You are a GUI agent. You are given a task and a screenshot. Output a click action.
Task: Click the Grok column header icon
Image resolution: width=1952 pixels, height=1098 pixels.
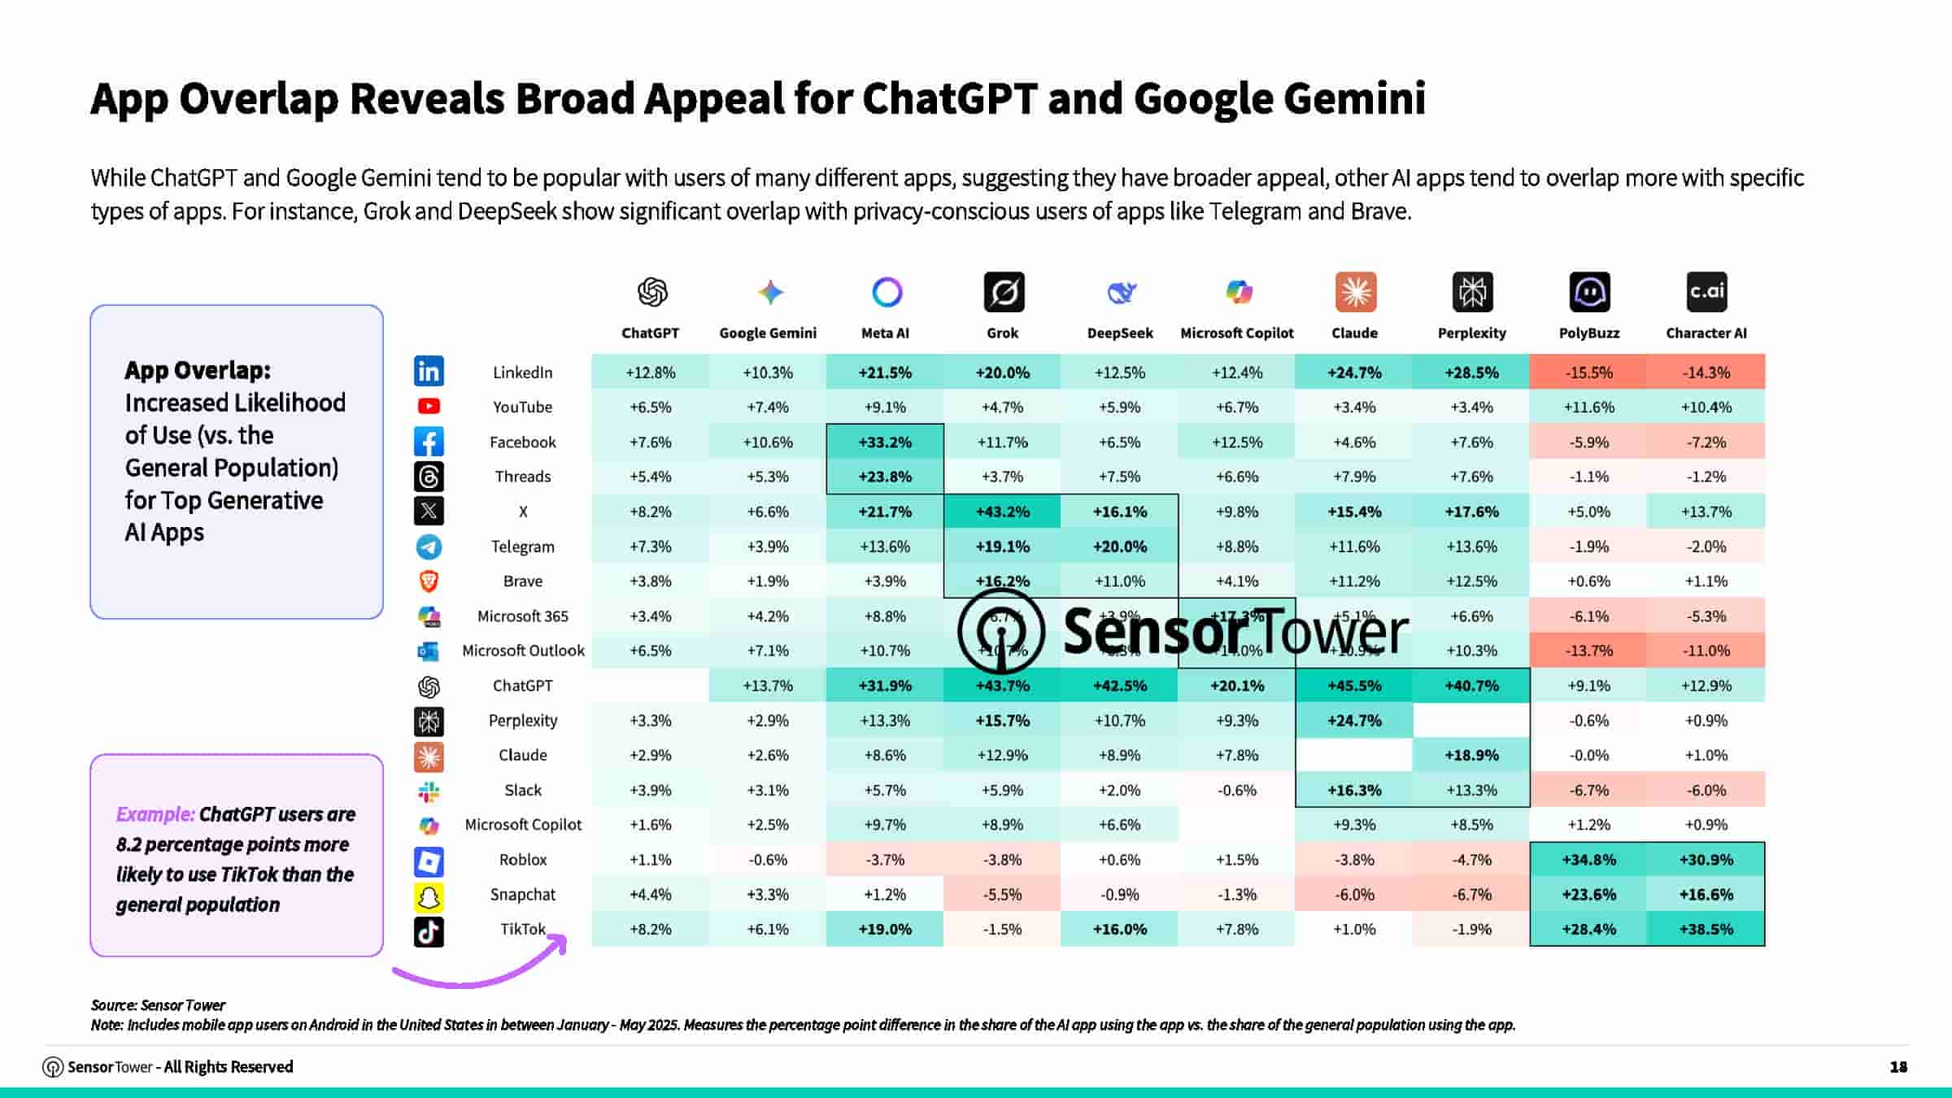[1004, 292]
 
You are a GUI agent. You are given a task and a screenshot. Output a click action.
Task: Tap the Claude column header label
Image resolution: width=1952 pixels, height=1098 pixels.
[1354, 333]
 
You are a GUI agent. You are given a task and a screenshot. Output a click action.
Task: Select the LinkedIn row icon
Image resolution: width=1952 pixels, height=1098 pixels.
[429, 372]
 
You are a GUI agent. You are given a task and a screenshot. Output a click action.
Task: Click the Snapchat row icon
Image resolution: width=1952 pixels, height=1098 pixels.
[429, 895]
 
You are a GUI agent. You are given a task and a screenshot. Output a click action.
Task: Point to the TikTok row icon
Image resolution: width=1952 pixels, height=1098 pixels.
[429, 930]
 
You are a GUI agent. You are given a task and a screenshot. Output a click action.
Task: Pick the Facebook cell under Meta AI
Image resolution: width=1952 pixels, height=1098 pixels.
[885, 442]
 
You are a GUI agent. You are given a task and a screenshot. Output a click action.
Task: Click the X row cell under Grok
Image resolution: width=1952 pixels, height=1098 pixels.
[1002, 512]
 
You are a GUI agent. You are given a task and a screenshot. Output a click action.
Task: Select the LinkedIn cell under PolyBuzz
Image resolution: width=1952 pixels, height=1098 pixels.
[1588, 373]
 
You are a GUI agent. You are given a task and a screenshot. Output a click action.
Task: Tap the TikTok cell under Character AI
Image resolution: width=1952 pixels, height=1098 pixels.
[1706, 929]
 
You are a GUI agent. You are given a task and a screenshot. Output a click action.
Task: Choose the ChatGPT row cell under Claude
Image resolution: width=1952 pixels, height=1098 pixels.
[1354, 686]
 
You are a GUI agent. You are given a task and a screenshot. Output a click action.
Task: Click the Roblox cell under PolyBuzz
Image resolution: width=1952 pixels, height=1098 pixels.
[1588, 860]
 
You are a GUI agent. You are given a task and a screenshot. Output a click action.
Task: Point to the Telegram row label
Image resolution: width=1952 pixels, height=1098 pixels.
[522, 547]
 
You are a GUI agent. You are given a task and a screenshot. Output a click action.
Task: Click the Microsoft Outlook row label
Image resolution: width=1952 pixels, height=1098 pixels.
[523, 651]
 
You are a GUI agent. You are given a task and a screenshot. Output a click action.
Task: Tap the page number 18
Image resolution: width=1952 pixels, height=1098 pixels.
[1898, 1066]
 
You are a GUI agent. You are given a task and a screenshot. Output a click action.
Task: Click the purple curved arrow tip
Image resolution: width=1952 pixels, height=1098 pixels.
[563, 940]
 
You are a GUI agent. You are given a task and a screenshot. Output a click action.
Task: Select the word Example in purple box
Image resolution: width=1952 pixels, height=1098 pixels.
[155, 814]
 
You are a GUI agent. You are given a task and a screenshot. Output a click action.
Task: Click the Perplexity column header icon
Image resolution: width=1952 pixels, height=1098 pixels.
[1472, 292]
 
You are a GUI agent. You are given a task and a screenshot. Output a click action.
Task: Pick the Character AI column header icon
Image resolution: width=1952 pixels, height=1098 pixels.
[1706, 292]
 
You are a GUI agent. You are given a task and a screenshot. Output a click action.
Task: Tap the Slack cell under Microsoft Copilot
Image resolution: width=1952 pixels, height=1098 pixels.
[1236, 790]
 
